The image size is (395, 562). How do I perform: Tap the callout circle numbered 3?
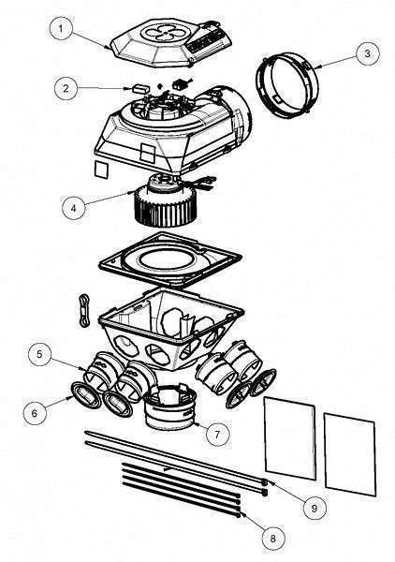(x=368, y=53)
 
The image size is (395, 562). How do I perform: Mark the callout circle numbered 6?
(x=36, y=410)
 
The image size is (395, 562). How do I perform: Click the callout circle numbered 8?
(x=271, y=539)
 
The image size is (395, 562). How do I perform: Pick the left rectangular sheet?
(x=288, y=437)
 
